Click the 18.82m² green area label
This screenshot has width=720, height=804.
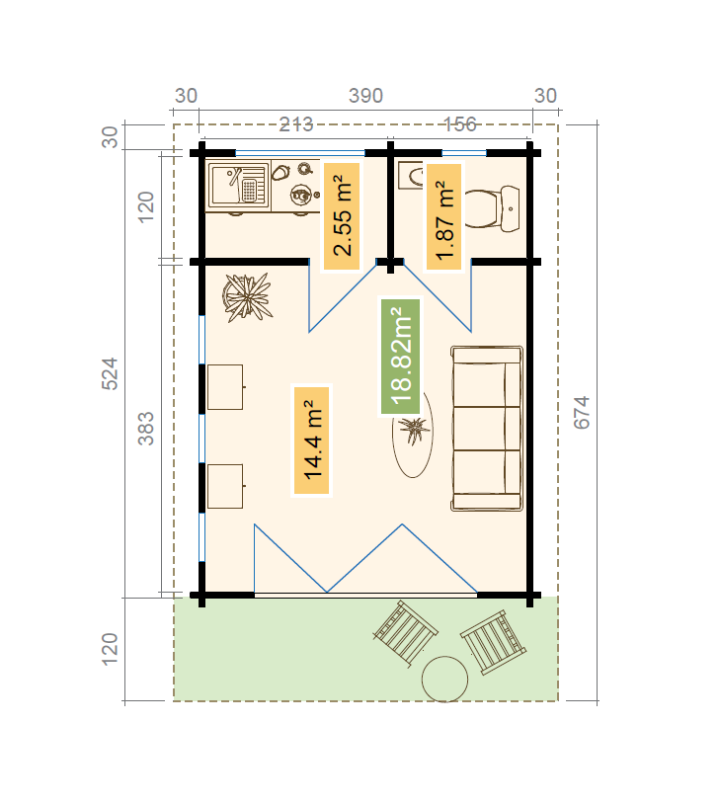pyautogui.click(x=401, y=357)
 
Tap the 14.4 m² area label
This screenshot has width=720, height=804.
pyautogui.click(x=312, y=441)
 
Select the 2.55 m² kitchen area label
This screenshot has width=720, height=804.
pyautogui.click(x=342, y=216)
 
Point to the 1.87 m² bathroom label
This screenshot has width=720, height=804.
pyautogui.click(x=444, y=216)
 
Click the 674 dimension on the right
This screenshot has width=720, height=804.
pyautogui.click(x=582, y=412)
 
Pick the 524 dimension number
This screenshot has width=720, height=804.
pyautogui.click(x=110, y=373)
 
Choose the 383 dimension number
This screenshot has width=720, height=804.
pyautogui.click(x=145, y=428)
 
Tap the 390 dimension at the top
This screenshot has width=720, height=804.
pyautogui.click(x=365, y=96)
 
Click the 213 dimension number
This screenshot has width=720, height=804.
pyautogui.click(x=296, y=124)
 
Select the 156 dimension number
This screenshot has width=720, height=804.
pyautogui.click(x=460, y=124)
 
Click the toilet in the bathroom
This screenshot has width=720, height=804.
pyautogui.click(x=492, y=209)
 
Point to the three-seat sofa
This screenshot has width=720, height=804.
pyautogui.click(x=487, y=428)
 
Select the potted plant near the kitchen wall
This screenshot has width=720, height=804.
pyautogui.click(x=247, y=297)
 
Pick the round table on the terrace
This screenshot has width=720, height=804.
pyautogui.click(x=444, y=679)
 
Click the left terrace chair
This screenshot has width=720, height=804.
pyautogui.click(x=406, y=634)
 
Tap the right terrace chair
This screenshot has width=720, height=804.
pyautogui.click(x=493, y=642)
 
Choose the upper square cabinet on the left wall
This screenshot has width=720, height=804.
pyautogui.click(x=225, y=387)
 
